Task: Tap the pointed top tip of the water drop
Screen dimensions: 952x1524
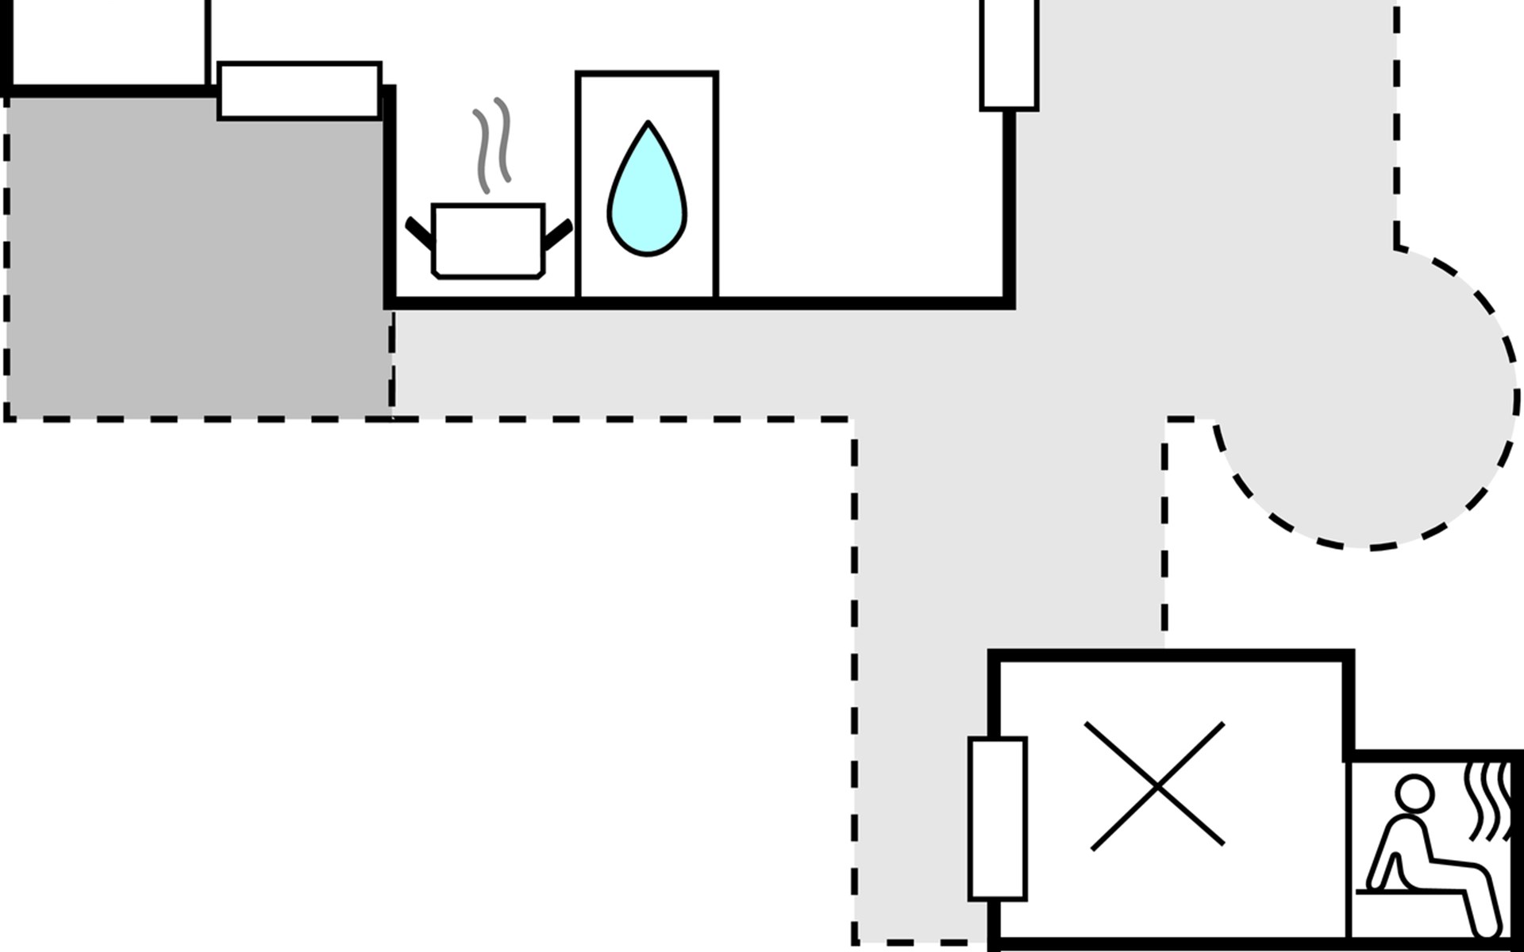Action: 648,124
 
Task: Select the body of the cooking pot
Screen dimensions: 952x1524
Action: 488,240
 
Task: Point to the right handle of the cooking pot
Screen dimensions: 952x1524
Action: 558,234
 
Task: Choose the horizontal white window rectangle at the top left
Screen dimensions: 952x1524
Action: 299,90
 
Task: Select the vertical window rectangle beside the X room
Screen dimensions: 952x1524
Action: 998,819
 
